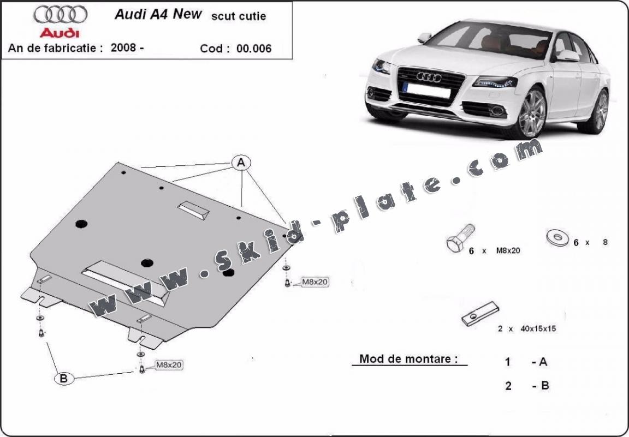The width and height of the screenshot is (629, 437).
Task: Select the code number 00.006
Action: tap(254, 49)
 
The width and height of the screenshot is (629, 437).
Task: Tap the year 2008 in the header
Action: tap(123, 47)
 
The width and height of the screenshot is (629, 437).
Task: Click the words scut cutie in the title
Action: tap(239, 16)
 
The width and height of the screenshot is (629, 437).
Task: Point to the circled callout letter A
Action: tap(241, 162)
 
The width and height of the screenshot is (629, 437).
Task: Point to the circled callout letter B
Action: tap(64, 378)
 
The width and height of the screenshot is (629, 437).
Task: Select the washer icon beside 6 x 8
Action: tap(556, 238)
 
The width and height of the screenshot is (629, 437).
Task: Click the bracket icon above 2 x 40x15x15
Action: tap(480, 314)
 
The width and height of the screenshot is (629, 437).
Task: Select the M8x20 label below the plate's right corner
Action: tap(315, 282)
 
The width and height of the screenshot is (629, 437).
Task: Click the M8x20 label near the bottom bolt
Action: tap(169, 364)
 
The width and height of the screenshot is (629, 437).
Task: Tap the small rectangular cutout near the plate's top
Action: tap(193, 209)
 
